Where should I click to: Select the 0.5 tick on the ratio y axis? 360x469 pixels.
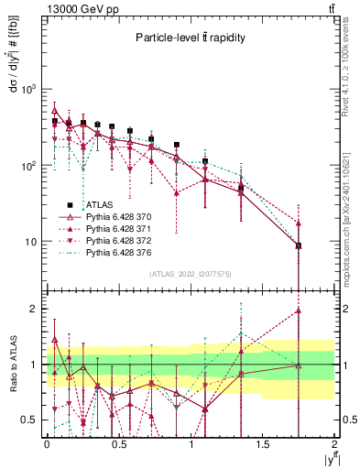(x=30, y=420)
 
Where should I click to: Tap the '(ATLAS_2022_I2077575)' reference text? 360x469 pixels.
(x=191, y=274)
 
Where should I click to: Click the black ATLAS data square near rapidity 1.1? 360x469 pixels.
(x=205, y=161)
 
